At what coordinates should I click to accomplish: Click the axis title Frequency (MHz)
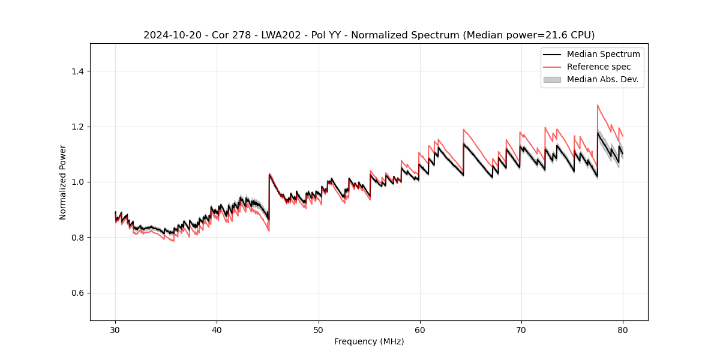pos(369,341)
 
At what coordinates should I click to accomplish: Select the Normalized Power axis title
pos(63,182)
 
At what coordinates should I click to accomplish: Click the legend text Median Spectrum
pos(603,54)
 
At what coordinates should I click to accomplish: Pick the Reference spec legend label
pos(598,67)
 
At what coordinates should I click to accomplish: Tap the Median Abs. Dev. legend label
pos(602,79)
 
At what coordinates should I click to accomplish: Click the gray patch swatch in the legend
pos(551,79)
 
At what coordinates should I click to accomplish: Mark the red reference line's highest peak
pos(598,105)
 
